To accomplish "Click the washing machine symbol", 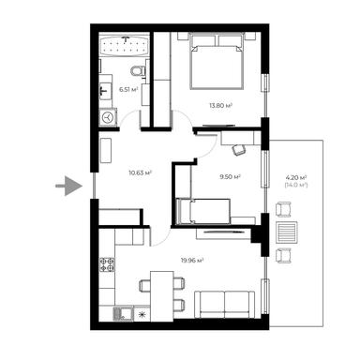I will point(107,117).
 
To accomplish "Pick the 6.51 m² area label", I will point(128,90).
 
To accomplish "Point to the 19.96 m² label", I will point(192,261).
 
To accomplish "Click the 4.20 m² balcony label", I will point(295,176).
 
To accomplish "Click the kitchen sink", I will point(121,313).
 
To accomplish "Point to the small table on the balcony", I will point(291,235).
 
